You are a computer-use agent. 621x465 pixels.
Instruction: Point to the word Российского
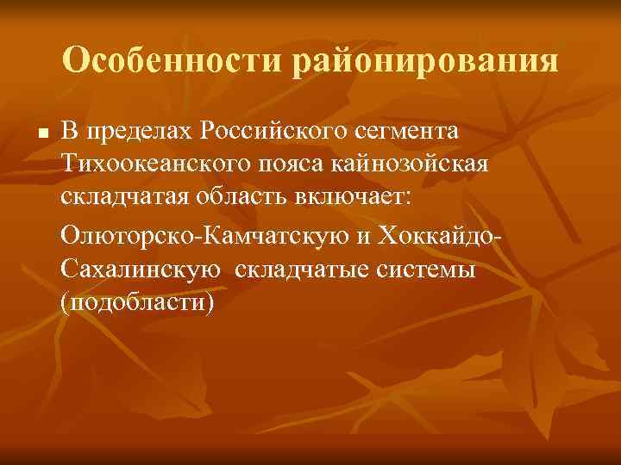coord(279,131)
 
